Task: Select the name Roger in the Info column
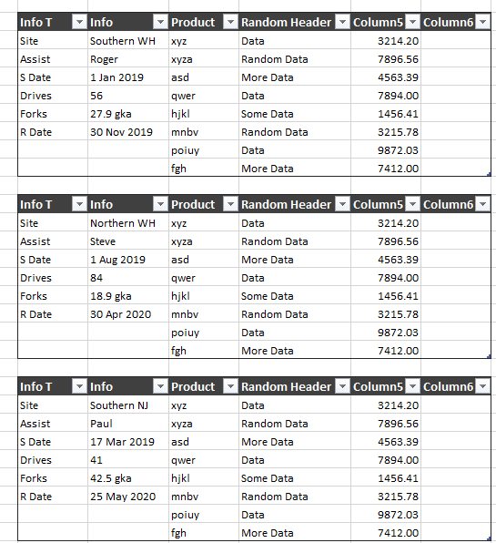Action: coord(105,59)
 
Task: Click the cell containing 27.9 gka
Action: coord(111,114)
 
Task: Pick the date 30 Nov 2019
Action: coord(121,132)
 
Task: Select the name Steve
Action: coord(105,241)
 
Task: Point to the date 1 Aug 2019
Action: coord(117,260)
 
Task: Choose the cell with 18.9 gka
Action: coord(111,296)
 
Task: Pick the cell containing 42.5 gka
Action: coord(111,478)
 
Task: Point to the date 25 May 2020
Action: coord(122,497)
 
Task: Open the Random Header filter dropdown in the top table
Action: coord(342,23)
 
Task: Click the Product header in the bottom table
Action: coord(193,387)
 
